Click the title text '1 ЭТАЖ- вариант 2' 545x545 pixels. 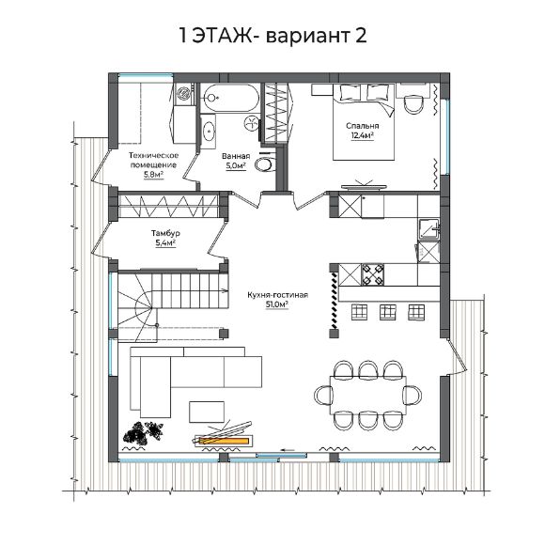tap(272, 36)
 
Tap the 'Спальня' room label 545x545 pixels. tap(362, 126)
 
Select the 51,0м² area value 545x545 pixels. tap(277, 304)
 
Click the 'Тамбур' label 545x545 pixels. tap(165, 233)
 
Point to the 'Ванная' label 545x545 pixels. tap(236, 156)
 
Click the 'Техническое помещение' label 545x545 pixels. tap(153, 160)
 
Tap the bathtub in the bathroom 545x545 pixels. tap(231, 98)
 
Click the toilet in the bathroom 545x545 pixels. tap(264, 164)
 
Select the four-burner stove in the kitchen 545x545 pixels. tap(373, 274)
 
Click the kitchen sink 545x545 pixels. tap(428, 229)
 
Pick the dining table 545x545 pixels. tap(368, 396)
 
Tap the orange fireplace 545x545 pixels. tap(224, 441)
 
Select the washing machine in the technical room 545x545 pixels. tap(183, 94)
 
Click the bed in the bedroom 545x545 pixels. tap(364, 121)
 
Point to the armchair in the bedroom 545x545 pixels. tap(413, 102)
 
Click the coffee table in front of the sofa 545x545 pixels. tap(207, 412)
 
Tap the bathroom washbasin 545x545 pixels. tap(209, 131)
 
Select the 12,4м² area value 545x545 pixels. tap(362, 135)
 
